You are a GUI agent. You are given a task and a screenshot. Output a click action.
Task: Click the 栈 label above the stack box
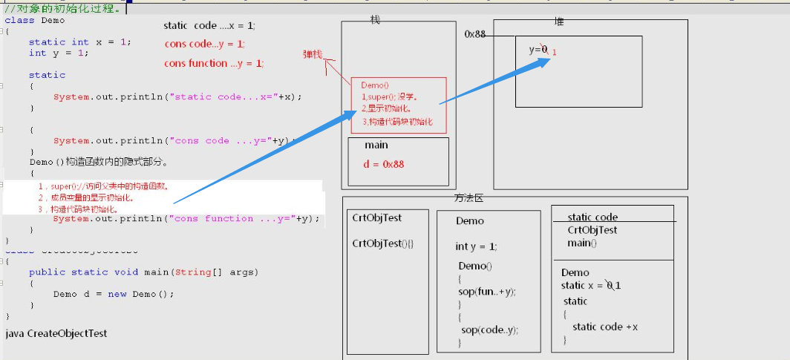coord(375,20)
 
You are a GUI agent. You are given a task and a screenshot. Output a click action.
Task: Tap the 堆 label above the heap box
coord(560,22)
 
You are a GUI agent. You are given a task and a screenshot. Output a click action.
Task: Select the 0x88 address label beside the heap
coord(476,34)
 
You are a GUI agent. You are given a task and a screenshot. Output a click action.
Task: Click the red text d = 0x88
coord(384,163)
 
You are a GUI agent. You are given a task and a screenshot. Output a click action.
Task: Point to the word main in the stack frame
coord(376,145)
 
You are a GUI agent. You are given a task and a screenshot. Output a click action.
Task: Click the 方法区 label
coord(469,198)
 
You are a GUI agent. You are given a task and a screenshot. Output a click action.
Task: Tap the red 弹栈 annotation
coord(313,54)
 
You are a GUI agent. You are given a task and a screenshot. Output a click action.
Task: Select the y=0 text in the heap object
coord(538,50)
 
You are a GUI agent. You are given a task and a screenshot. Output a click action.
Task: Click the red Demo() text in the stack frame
coord(375,85)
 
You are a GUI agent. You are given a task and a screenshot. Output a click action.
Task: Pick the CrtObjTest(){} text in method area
coord(377,243)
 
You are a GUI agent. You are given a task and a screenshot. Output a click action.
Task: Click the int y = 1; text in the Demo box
coord(476,246)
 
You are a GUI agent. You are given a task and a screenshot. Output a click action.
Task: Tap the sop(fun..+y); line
coord(487,292)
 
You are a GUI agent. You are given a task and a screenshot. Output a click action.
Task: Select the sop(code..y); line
coord(489,330)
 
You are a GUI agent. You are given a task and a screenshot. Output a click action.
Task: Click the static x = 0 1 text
coord(591,286)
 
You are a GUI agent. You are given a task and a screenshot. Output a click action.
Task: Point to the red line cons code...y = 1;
coord(204,44)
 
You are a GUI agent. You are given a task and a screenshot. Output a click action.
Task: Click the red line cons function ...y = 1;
coord(214,63)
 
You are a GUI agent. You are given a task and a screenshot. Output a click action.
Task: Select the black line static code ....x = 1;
coord(209,25)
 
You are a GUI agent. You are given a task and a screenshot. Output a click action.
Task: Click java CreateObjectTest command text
coord(56,333)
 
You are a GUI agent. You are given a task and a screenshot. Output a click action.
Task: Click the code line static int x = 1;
coord(80,42)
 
